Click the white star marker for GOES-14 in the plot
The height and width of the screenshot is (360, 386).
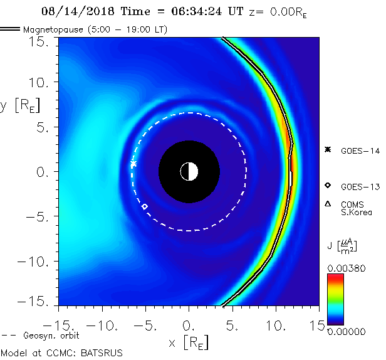point(133,164)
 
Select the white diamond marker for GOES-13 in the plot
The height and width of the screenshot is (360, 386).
point(145,206)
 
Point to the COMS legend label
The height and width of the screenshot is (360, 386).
point(352,204)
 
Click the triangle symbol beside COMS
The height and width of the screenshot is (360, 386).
point(327,204)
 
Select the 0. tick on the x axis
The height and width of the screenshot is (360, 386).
point(189,326)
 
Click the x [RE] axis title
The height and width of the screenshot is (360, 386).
point(189,343)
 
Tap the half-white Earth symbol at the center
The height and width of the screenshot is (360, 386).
point(189,171)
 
